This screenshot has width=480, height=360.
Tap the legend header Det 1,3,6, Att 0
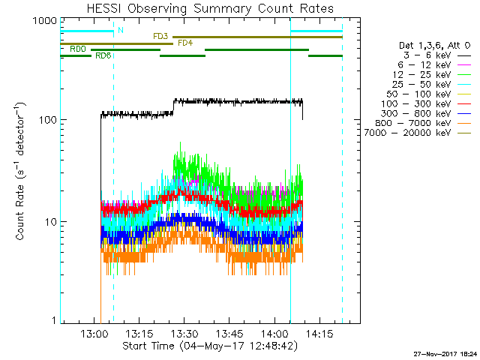[x=434, y=46]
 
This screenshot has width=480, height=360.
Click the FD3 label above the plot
[x=160, y=36]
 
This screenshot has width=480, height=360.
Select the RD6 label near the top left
[x=103, y=55]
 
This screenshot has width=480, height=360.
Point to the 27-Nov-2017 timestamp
[x=442, y=352]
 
